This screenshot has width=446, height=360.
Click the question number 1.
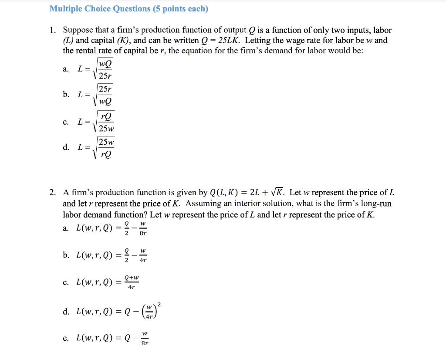tap(52, 31)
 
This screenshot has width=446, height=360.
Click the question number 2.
tap(52, 193)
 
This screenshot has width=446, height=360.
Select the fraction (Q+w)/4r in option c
tap(132, 282)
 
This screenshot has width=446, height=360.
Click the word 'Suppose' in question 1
tap(78, 31)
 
